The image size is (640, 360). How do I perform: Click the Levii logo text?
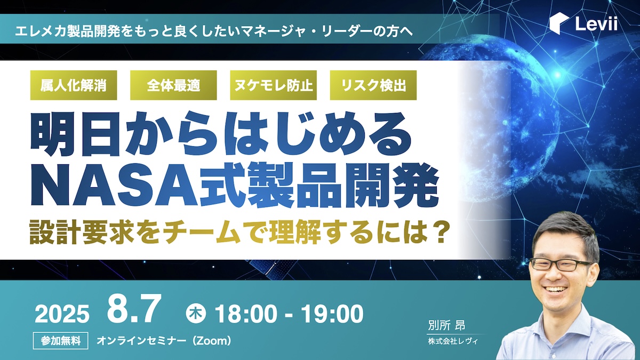tap(596, 23)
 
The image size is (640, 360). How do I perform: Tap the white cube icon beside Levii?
tap(559, 23)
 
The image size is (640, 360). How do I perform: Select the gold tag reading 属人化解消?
tap(74, 85)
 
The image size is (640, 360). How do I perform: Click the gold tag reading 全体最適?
tap(173, 85)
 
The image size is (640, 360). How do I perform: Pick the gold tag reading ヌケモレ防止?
tap(274, 85)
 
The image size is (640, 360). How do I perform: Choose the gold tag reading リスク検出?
tap(373, 85)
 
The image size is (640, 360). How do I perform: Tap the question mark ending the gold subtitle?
tap(438, 232)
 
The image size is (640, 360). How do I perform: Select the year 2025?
tap(62, 314)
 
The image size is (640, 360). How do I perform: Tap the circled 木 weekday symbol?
tap(196, 314)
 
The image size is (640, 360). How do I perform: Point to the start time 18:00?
tap(246, 314)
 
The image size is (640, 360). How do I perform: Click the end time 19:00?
tap(332, 314)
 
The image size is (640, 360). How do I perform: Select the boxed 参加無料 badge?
tap(61, 341)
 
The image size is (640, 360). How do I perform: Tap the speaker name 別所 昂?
tap(446, 325)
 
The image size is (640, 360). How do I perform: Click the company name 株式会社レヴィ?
tap(453, 341)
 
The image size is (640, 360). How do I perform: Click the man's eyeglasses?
tap(561, 265)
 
